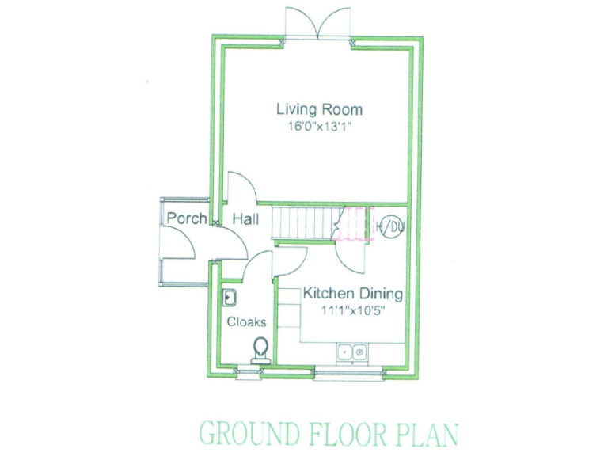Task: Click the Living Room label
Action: point(319,110)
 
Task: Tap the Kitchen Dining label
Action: point(353,294)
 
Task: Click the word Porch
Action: point(187,219)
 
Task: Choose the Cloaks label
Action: point(246,322)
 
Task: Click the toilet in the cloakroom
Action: point(260,349)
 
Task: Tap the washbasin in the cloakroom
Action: point(230,298)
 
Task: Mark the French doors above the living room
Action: point(319,24)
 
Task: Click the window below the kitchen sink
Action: point(348,370)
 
